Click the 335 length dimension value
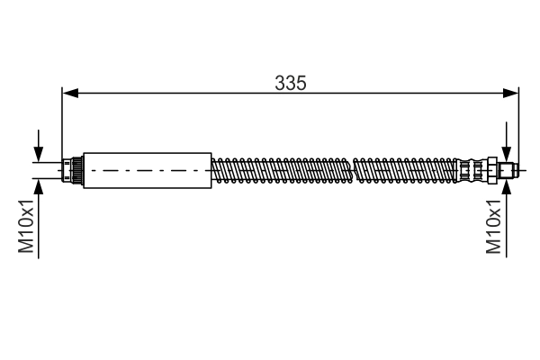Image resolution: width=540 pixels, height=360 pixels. (x=291, y=83)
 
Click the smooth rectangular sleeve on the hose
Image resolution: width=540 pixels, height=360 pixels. (x=147, y=169)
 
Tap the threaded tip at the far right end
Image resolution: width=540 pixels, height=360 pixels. (x=508, y=169)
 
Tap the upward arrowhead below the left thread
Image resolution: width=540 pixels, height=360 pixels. (x=39, y=184)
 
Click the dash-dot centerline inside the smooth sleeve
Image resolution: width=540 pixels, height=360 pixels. (x=147, y=169)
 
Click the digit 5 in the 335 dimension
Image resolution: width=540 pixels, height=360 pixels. (x=301, y=83)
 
